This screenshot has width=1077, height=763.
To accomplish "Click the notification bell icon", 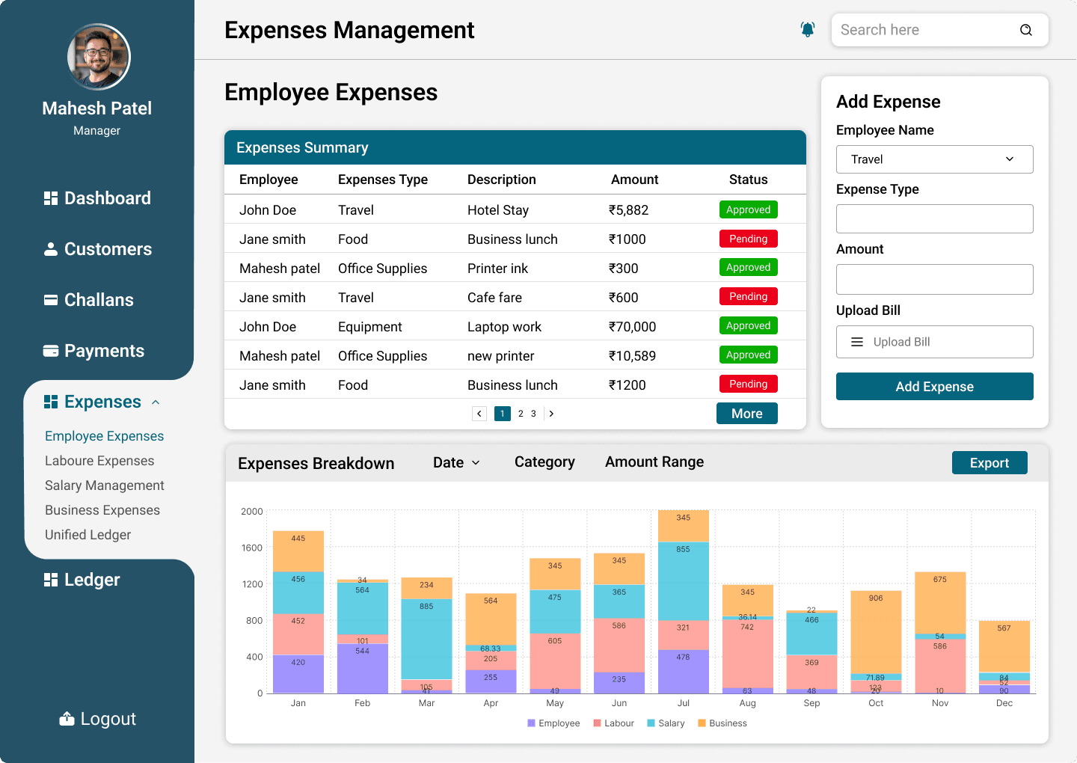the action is coord(807,30).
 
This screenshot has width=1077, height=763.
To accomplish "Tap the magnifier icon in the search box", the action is coord(1025,30).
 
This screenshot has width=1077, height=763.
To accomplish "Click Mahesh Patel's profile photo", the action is coord(99,57).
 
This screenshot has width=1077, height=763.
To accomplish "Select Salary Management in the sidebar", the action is coord(105,485).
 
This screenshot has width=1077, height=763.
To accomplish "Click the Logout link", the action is coord(97,718).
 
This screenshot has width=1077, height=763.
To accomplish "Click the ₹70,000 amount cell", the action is coord(632,326).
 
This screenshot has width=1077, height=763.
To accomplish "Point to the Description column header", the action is coord(501,180).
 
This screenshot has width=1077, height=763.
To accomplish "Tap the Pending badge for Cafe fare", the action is coord(748,296).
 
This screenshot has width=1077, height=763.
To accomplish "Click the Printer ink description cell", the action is coord(497,269).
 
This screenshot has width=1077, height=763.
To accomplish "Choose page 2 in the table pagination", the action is coord(521,414).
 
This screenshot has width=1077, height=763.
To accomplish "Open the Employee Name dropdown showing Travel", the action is coord(934,159).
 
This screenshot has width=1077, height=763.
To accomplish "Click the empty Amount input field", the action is coord(934,279).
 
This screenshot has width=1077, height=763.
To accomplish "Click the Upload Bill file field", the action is coord(934,342).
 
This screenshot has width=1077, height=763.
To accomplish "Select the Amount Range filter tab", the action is coord(654,462).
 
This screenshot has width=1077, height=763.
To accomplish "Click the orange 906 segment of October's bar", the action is coord(876,632).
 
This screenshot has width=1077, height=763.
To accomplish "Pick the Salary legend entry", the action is coord(666,723).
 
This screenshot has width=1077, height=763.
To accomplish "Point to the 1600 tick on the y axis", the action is coord(251,548).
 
